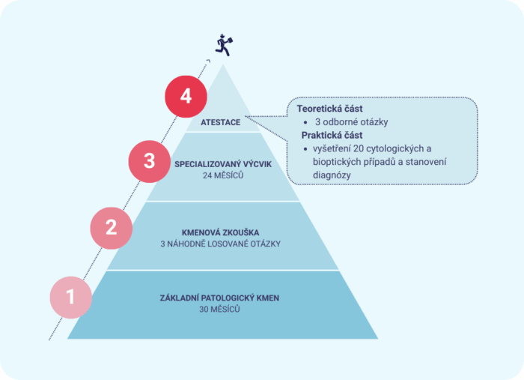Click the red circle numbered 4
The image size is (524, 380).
click(x=186, y=97)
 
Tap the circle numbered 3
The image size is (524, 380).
click(x=150, y=162)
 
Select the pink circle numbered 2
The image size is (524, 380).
click(x=112, y=228)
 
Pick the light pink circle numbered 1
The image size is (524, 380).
click(x=71, y=298)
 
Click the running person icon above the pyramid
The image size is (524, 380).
click(x=224, y=45)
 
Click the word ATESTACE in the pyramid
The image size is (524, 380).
click(x=221, y=122)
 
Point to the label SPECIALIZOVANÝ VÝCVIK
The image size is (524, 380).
click(x=223, y=164)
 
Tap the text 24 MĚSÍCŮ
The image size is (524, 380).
click(x=223, y=175)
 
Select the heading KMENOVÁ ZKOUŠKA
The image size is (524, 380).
click(x=221, y=232)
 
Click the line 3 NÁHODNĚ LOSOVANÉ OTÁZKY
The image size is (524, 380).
click(x=221, y=244)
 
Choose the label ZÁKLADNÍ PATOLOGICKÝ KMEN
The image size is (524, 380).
click(x=219, y=298)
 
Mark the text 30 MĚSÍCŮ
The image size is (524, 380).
click(x=219, y=309)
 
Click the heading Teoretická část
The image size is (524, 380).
click(x=329, y=109)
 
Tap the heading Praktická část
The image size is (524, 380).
click(x=332, y=135)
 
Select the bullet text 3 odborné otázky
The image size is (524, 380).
click(x=352, y=122)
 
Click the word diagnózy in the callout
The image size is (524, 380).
click(x=332, y=175)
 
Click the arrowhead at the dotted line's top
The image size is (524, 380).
click(x=208, y=61)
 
